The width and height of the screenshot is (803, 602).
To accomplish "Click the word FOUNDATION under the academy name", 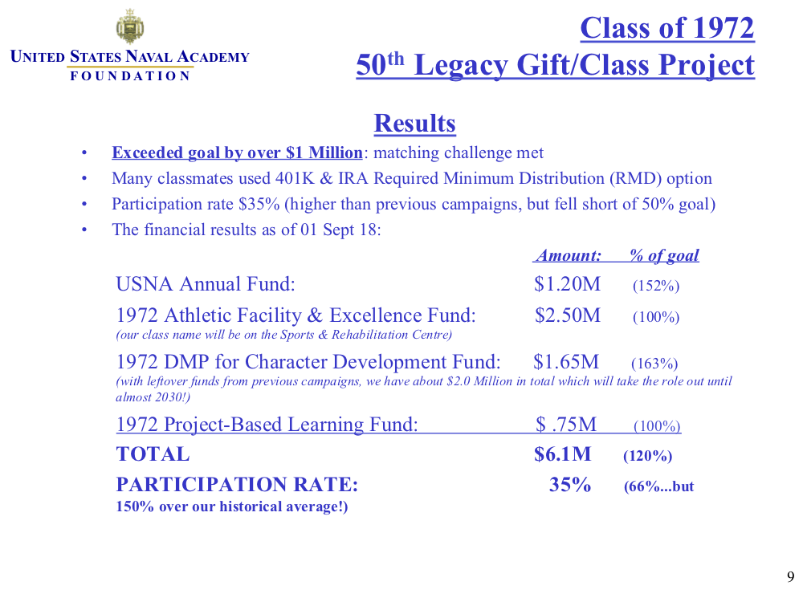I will (130, 76).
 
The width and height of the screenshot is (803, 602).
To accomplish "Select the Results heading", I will (414, 124).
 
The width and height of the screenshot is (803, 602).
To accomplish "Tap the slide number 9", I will (790, 577).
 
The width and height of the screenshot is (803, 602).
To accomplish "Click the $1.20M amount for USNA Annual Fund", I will (567, 284).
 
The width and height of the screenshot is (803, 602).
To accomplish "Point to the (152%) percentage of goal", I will (656, 286).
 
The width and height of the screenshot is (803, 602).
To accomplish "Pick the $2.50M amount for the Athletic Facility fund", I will (567, 315).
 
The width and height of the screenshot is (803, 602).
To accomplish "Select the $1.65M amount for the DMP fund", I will (566, 363).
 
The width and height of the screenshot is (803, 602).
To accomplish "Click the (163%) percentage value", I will (654, 364).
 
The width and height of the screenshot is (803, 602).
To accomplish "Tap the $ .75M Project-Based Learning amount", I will (566, 425).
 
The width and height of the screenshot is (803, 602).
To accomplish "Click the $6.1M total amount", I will (562, 454).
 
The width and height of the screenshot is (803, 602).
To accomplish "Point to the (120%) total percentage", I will (647, 457).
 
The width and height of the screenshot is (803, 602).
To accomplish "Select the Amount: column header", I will (569, 255).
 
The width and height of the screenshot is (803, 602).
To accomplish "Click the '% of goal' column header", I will (664, 255).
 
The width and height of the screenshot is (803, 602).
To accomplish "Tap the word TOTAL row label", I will (153, 454).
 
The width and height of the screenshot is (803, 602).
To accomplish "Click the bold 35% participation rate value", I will (570, 485).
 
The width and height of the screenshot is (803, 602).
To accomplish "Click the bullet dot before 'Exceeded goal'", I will (85, 153).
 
